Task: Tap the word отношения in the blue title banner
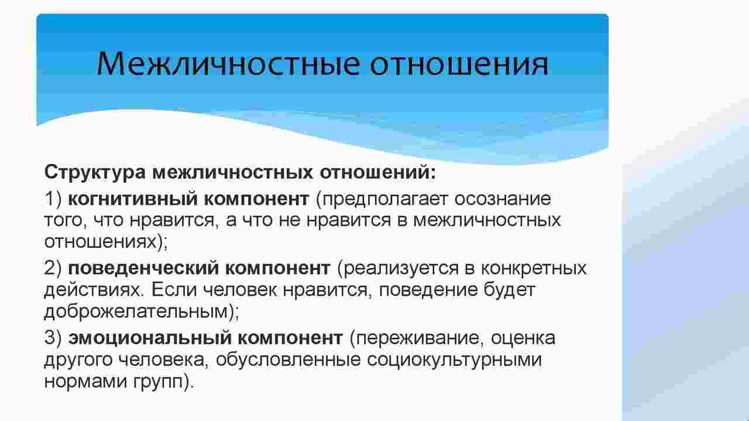pyautogui.click(x=459, y=64)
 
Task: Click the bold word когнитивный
pyautogui.click(x=132, y=200)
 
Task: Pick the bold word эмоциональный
pyautogui.click(x=150, y=338)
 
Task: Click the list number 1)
pyautogui.click(x=53, y=200)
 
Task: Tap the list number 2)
pyautogui.click(x=53, y=269)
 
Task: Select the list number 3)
pyautogui.click(x=53, y=338)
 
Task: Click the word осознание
pyautogui.click(x=503, y=200)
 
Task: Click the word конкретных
pyautogui.click(x=534, y=269)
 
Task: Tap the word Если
pyautogui.click(x=174, y=290)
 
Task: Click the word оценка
pyautogui.click(x=523, y=338)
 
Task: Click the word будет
pyautogui.click(x=509, y=290)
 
